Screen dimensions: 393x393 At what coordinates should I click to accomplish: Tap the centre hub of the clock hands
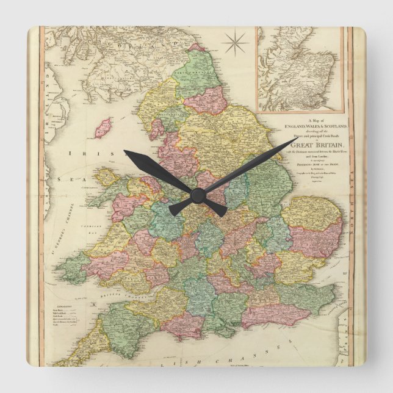pos(197,195)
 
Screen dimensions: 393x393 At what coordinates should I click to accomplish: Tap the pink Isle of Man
pos(104,128)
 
